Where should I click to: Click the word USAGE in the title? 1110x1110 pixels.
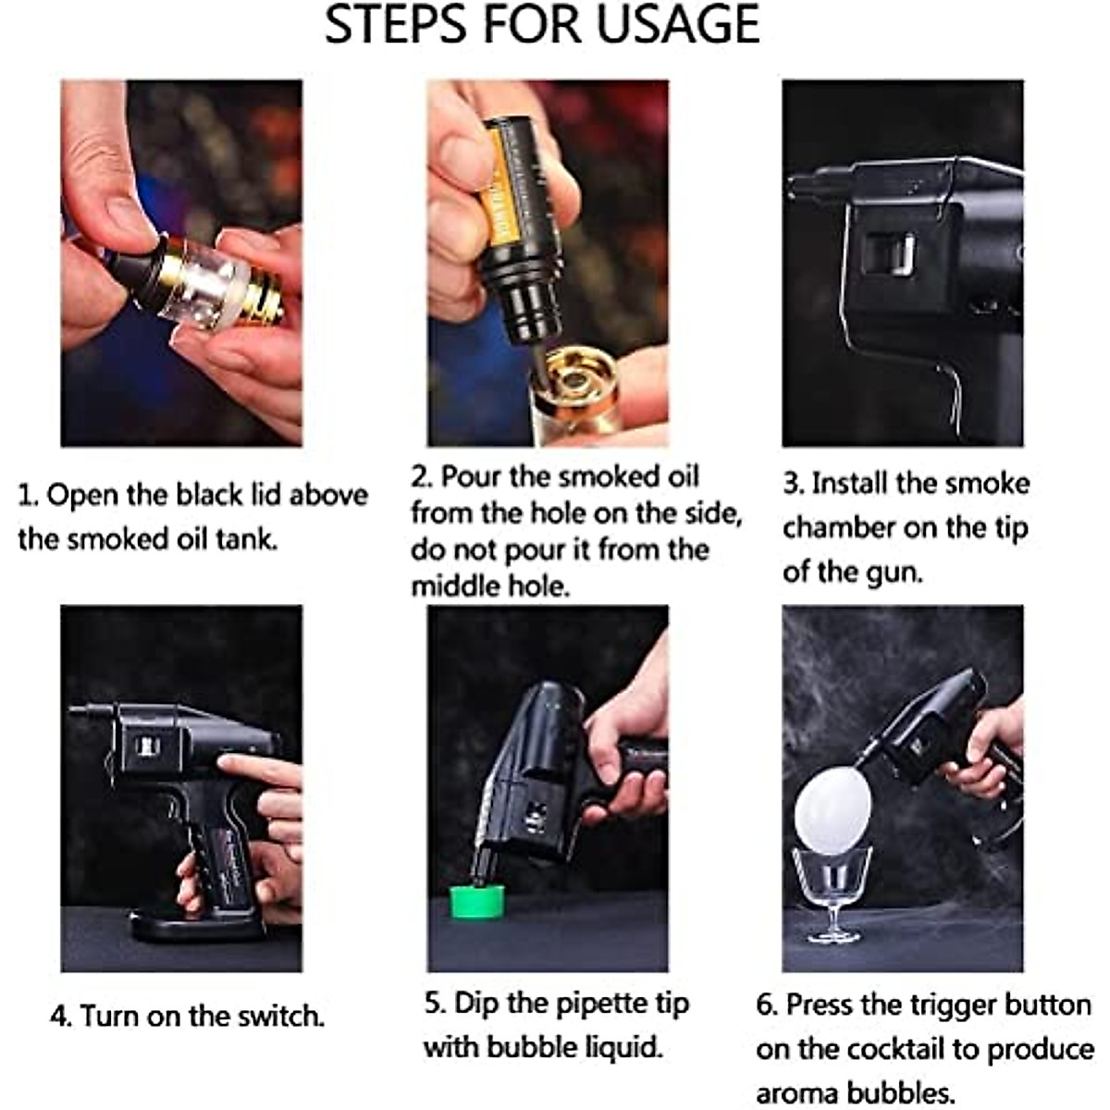pos(678,24)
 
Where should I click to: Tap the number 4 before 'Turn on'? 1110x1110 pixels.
pos(60,1016)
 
